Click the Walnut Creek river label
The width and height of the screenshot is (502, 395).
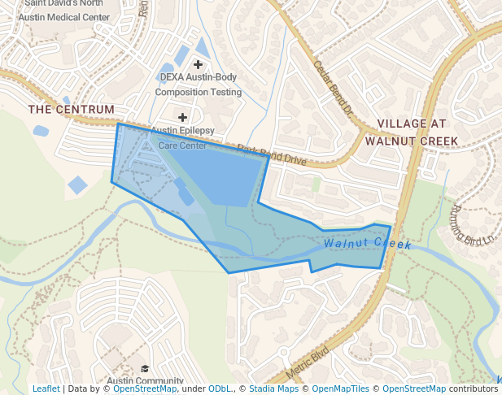[x=367, y=243]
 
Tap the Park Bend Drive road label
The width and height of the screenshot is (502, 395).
[x=272, y=155]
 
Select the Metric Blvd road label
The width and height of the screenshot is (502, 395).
[x=308, y=362]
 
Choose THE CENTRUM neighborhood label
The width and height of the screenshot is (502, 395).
[x=72, y=109]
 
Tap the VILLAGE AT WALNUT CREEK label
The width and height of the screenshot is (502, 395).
[x=412, y=132]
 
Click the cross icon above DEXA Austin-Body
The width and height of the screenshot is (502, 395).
[x=198, y=63]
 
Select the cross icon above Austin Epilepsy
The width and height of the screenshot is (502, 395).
[x=182, y=117]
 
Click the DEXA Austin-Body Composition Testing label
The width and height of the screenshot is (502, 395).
[x=199, y=85]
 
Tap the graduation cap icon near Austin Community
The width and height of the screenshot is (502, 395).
[x=145, y=370]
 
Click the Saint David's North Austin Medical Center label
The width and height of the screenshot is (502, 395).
[x=67, y=10]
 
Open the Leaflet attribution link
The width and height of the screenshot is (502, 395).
[x=46, y=388]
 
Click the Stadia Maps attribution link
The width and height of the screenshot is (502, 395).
[x=273, y=388]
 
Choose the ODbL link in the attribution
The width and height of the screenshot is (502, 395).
[x=220, y=388]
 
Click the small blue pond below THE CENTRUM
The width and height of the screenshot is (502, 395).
[x=41, y=130]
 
